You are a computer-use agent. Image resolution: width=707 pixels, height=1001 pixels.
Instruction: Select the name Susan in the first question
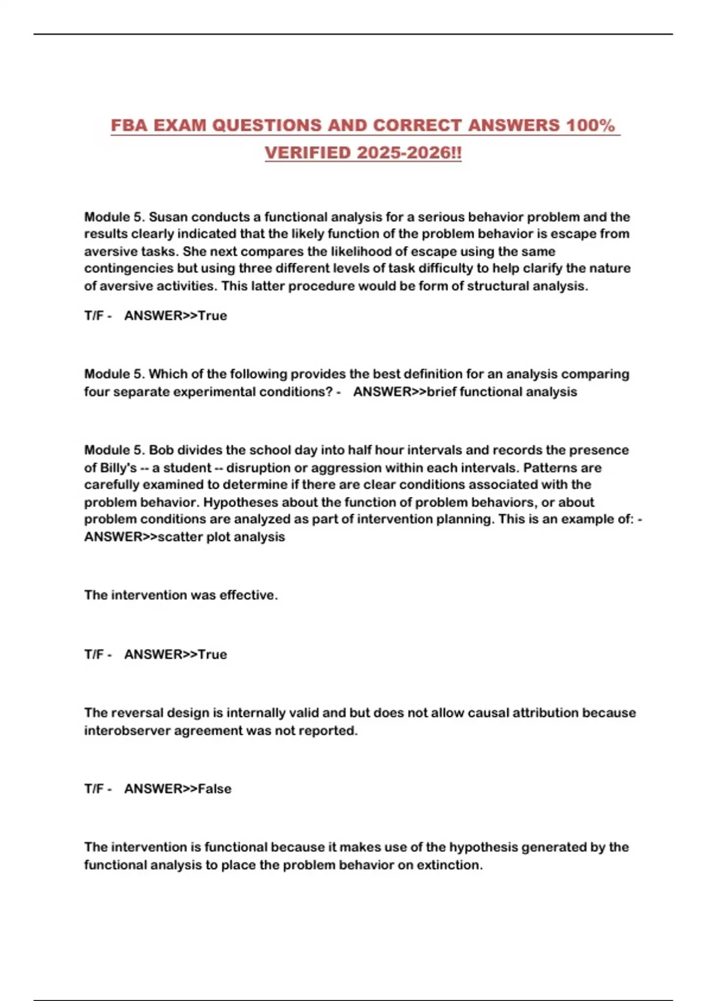168,217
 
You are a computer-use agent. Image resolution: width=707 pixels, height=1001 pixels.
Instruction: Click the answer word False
214,788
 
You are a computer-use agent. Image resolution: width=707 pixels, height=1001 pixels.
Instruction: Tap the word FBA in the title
129,125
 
